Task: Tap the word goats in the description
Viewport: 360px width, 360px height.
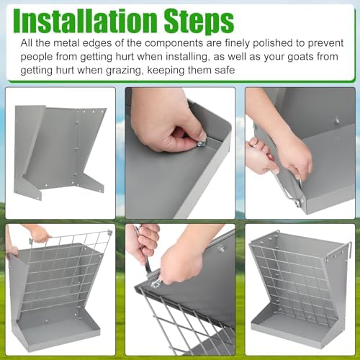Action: pyautogui.click(x=300, y=57)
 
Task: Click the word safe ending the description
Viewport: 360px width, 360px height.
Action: pyautogui.click(x=225, y=70)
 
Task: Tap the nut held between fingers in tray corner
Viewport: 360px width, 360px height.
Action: pyautogui.click(x=201, y=143)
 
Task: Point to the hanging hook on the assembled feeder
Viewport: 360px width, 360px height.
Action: pyautogui.click(x=348, y=251)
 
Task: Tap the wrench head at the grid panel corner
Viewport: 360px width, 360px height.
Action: pyautogui.click(x=155, y=284)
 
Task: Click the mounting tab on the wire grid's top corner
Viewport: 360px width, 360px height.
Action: pyautogui.click(x=110, y=233)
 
